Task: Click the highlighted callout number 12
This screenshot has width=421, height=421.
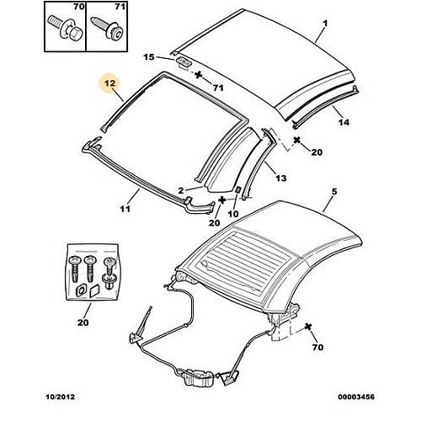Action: pyautogui.click(x=109, y=83)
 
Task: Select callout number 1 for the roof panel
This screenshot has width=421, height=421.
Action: pyautogui.click(x=325, y=23)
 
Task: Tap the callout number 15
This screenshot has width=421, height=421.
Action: pyautogui.click(x=149, y=57)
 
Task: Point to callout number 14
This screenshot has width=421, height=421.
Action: pyautogui.click(x=344, y=122)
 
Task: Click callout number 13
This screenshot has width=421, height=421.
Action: pyautogui.click(x=280, y=178)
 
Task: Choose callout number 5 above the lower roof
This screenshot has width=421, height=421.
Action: pyautogui.click(x=334, y=192)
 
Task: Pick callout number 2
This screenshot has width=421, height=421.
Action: pyautogui.click(x=181, y=190)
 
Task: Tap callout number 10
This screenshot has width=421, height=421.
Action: pyautogui.click(x=233, y=214)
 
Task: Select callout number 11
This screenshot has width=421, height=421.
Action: pyautogui.click(x=125, y=209)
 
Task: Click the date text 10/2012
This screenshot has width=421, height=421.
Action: pyautogui.click(x=61, y=397)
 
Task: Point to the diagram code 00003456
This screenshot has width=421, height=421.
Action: pyautogui.click(x=356, y=397)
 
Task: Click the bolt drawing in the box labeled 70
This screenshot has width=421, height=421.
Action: pyautogui.click(x=64, y=29)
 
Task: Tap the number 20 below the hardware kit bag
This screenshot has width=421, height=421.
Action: pyautogui.click(x=83, y=322)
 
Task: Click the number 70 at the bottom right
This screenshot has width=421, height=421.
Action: pyautogui.click(x=317, y=347)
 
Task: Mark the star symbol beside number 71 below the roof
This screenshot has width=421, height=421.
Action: pyautogui.click(x=199, y=74)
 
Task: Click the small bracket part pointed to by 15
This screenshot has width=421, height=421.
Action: pyautogui.click(x=184, y=61)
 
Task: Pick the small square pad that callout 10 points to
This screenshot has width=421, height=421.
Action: pyautogui.click(x=237, y=189)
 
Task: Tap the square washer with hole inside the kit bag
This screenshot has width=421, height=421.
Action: pyautogui.click(x=81, y=290)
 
